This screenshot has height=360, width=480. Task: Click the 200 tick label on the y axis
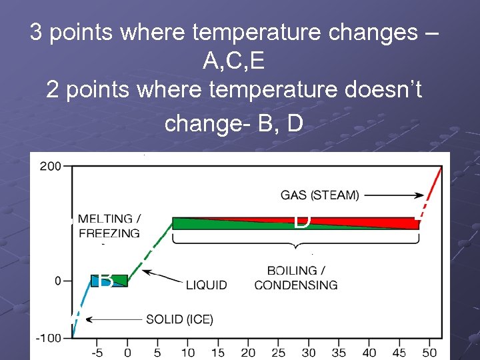tap(50, 165)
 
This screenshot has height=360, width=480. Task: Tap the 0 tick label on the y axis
tap(58, 281)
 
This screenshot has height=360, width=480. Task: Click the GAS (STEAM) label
tap(319, 195)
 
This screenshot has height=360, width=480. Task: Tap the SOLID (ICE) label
tap(179, 320)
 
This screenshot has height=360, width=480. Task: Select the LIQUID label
tap(206, 285)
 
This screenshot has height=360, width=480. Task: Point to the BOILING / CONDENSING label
tap(296, 278)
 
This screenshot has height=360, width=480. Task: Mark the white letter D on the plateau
tap(302, 221)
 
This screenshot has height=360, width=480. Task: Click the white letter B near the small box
tap(105, 281)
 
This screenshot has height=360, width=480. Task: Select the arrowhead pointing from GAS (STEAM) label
tap(421, 196)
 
